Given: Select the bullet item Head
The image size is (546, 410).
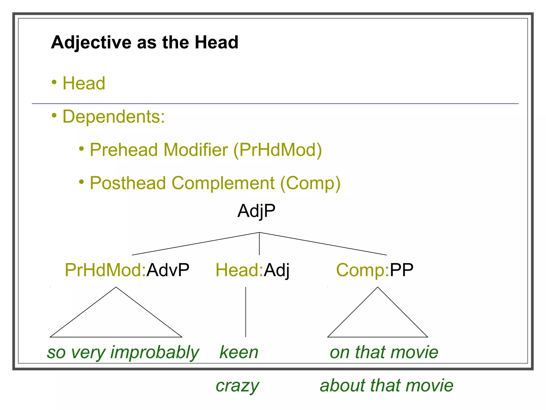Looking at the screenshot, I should [x=84, y=83].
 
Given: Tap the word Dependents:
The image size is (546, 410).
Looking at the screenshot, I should [x=114, y=117].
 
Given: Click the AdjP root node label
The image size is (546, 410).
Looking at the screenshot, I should [x=256, y=211].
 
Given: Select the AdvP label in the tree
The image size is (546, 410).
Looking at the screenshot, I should [x=168, y=270].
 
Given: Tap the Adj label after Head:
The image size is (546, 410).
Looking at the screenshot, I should [x=276, y=270].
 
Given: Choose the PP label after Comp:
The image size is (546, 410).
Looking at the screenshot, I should [x=401, y=270].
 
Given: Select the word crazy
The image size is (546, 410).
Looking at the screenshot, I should [x=237, y=386].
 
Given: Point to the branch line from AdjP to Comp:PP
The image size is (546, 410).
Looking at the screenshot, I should [x=323, y=244].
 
